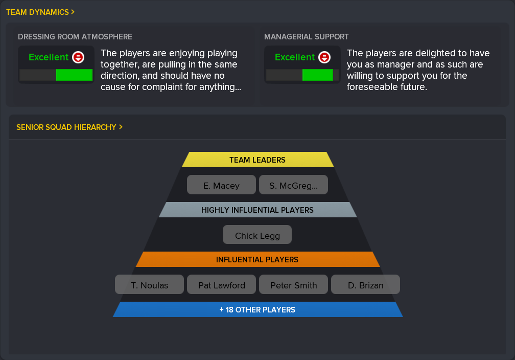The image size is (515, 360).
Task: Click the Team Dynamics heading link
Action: click(x=40, y=12)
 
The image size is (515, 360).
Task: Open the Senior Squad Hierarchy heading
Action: click(x=69, y=127)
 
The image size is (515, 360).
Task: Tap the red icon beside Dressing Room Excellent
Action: click(x=78, y=57)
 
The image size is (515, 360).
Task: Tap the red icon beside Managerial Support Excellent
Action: click(x=324, y=57)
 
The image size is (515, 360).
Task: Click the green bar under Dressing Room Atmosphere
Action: click(x=74, y=75)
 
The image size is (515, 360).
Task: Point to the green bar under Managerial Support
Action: click(x=318, y=75)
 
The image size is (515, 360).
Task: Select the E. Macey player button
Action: click(x=221, y=185)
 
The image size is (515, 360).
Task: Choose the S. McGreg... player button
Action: click(x=293, y=185)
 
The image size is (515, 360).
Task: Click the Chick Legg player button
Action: click(x=257, y=235)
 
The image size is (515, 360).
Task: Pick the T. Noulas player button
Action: click(x=149, y=284)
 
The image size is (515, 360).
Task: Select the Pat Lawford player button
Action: click(x=221, y=284)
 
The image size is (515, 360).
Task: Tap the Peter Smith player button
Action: click(x=293, y=284)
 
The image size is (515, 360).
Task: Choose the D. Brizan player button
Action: click(x=366, y=284)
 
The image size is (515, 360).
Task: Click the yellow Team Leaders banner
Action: click(x=258, y=160)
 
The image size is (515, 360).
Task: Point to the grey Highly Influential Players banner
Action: click(x=258, y=210)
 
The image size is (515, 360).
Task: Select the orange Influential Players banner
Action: click(x=258, y=259)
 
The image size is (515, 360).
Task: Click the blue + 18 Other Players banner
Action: click(x=258, y=309)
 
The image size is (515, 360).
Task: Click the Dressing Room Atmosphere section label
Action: click(x=75, y=37)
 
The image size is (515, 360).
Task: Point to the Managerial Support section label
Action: click(x=306, y=37)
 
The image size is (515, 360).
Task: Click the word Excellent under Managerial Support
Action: click(x=295, y=57)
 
